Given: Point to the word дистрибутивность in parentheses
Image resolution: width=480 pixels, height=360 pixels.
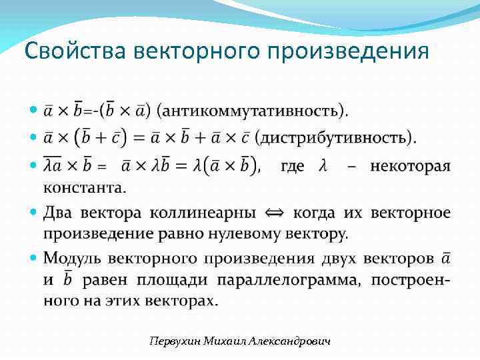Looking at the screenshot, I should (x=335, y=138).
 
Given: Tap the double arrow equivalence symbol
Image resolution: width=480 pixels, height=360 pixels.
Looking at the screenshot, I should (x=274, y=213).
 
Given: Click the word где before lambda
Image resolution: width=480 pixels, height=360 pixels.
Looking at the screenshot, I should (x=293, y=166).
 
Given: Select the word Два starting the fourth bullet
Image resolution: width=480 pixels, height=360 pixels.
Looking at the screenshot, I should (x=59, y=213).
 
